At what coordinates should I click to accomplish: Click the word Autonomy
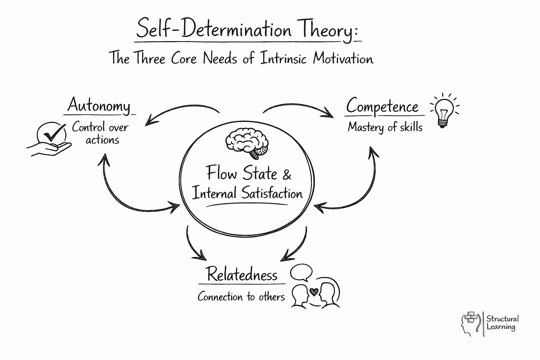point(99,105)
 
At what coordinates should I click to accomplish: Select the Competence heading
point(382,106)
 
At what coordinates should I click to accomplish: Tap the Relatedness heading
point(242,275)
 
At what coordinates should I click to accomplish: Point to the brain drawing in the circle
point(247,142)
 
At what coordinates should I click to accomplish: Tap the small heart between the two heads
point(314,291)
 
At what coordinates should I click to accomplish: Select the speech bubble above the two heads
point(302,272)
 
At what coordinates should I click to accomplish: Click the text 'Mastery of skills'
point(385,127)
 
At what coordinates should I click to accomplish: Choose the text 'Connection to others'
point(241,297)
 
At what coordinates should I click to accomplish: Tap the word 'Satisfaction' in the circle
point(272,193)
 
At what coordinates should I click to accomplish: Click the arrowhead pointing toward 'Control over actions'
point(149,121)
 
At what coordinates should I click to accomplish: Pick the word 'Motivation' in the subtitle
point(343,58)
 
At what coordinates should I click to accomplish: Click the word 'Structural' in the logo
point(502,319)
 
